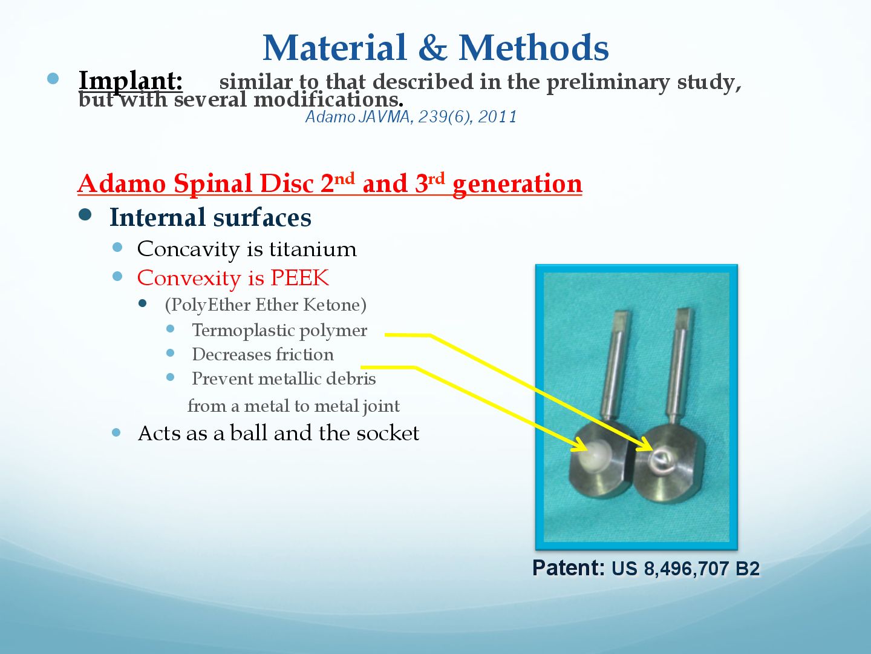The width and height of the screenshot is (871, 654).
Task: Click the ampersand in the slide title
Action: (432, 48)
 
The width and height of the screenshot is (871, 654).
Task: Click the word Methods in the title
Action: (533, 48)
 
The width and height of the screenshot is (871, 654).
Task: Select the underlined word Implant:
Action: (131, 81)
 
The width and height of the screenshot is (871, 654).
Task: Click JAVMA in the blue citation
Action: (383, 117)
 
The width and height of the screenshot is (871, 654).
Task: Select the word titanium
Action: (313, 249)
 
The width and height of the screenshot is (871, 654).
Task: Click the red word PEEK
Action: (299, 277)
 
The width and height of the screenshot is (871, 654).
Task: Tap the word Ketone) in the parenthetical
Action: (334, 305)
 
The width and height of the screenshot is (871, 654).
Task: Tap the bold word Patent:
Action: (568, 568)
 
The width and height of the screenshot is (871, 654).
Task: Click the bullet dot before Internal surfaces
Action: (85, 215)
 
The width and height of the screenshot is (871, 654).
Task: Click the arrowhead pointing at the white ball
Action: (580, 446)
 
